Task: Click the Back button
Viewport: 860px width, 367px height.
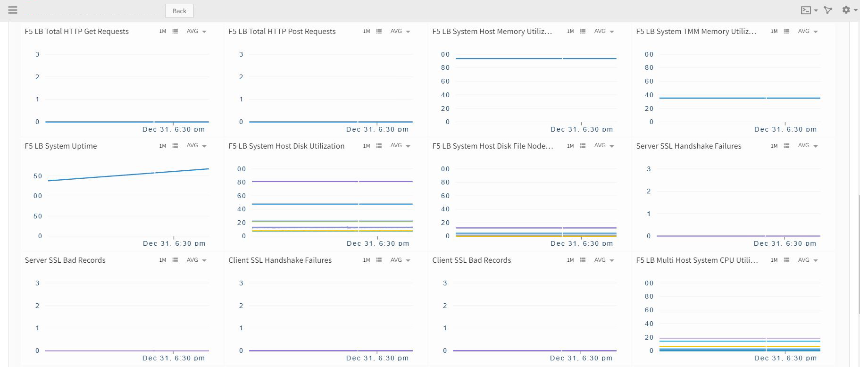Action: (179, 11)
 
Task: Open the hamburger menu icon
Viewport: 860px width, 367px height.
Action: (13, 10)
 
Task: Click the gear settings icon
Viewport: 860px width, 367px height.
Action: (846, 10)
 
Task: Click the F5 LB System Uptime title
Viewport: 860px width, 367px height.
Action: (61, 146)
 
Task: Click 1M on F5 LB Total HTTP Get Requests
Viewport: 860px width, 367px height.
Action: (163, 32)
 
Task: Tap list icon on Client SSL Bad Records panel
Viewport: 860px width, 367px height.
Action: (583, 260)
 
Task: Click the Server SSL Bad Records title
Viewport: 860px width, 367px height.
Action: (65, 260)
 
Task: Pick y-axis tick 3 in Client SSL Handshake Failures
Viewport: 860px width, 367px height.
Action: (241, 283)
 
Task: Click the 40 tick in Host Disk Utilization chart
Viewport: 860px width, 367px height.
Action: (242, 209)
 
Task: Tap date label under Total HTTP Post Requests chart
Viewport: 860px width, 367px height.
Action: (377, 129)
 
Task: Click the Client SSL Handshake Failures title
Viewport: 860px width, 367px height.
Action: (280, 260)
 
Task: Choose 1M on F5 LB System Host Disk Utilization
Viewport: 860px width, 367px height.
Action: (367, 146)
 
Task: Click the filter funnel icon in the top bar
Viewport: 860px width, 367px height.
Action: (828, 10)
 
